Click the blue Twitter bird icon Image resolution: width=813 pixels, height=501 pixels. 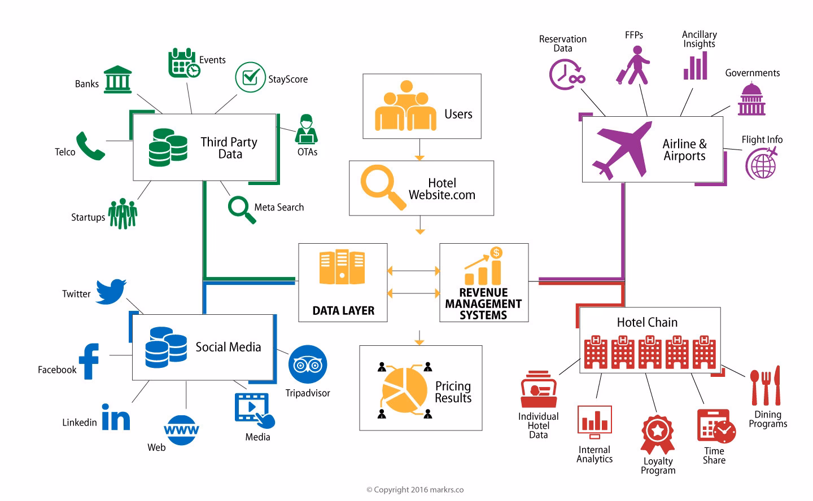pyautogui.click(x=111, y=291)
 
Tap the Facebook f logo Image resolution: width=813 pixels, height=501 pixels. pyautogui.click(x=89, y=361)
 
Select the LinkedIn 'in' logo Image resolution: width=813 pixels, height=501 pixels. pyautogui.click(x=116, y=417)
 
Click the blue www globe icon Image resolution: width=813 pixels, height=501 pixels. pyautogui.click(x=181, y=430)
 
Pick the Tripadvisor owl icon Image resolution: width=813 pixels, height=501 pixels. pyautogui.click(x=308, y=364)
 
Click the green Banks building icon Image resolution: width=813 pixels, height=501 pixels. pyautogui.click(x=118, y=80)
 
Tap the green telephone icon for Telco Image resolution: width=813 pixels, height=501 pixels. pyautogui.click(x=90, y=147)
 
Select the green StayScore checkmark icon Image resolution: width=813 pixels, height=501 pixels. pyautogui.click(x=250, y=77)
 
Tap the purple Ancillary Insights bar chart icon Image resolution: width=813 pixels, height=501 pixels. pyautogui.click(x=695, y=66)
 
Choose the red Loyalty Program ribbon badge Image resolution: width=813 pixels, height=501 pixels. pyautogui.click(x=658, y=434)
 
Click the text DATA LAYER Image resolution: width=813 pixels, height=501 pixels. pyautogui.click(x=343, y=311)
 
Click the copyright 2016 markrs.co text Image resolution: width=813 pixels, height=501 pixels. pyautogui.click(x=415, y=490)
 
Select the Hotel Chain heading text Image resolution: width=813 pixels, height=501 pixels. pyautogui.click(x=647, y=322)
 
